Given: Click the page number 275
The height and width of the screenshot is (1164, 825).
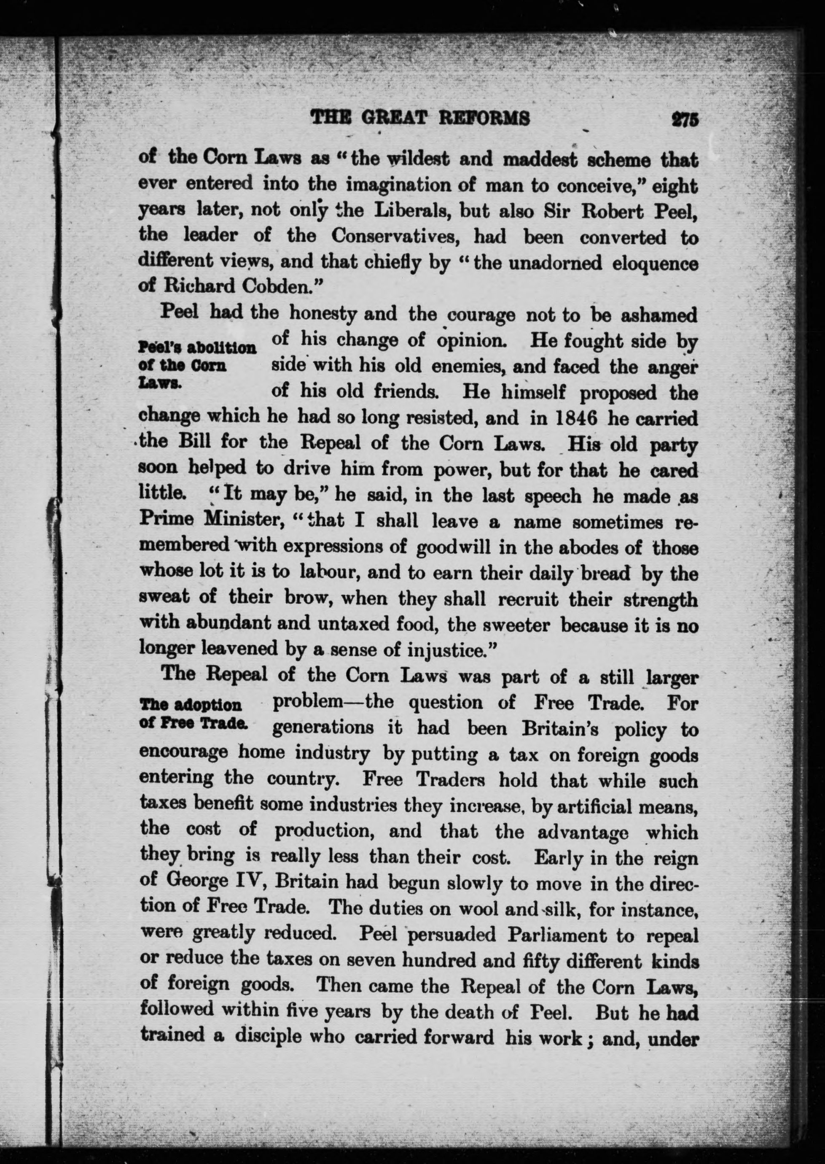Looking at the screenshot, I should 684,119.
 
